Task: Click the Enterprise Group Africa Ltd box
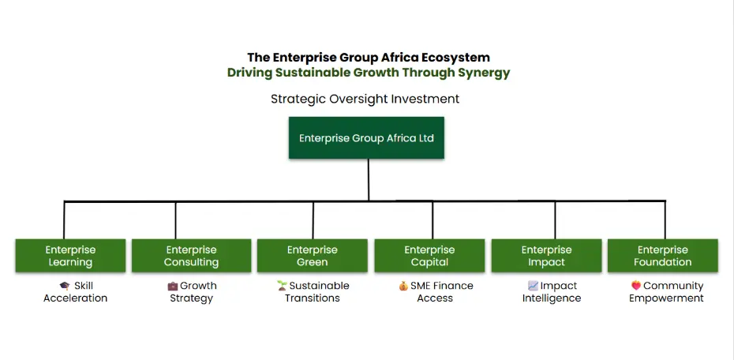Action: tap(366, 137)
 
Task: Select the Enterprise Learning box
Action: tap(70, 256)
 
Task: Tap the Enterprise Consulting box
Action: tap(191, 256)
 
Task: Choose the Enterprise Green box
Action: tap(313, 256)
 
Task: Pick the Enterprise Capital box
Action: tap(429, 256)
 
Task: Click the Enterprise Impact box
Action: tap(546, 256)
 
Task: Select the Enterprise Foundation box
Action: tap(662, 256)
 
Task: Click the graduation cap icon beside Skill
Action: tap(65, 286)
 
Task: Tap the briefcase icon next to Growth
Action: tap(173, 286)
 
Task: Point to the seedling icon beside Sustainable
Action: tap(282, 286)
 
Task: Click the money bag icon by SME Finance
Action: tap(403, 286)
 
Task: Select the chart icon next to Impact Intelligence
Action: tap(534, 286)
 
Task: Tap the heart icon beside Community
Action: tap(636, 285)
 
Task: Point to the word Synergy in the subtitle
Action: tap(486, 73)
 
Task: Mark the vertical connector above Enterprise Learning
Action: tap(64, 220)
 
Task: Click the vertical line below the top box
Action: tap(369, 180)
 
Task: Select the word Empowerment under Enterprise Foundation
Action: tap(666, 298)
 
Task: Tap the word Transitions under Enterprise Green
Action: tap(313, 298)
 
